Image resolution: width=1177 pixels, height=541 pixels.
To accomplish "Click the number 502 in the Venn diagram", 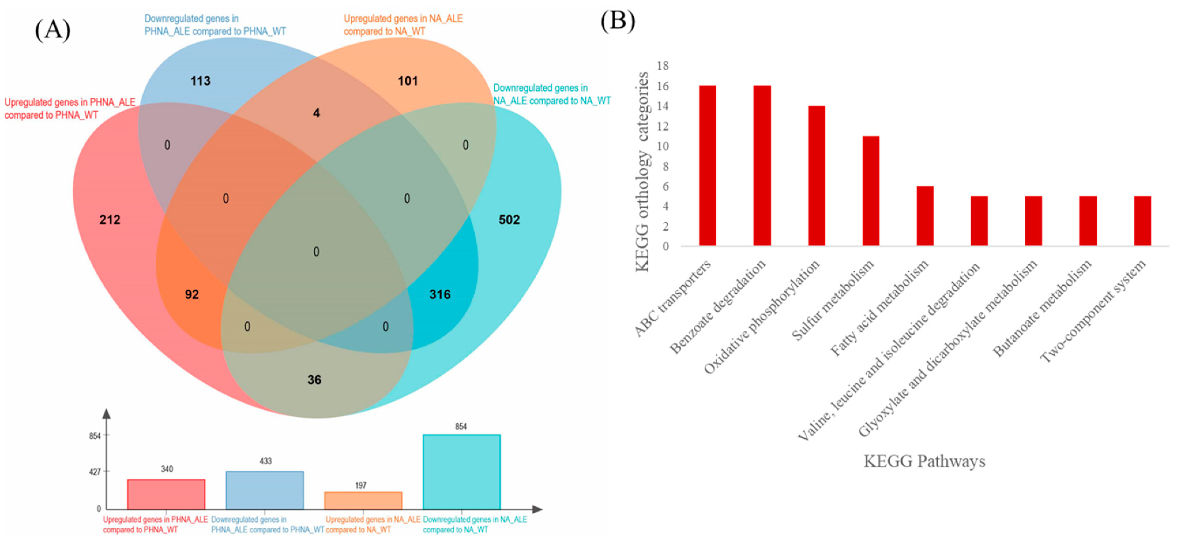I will coord(509,220).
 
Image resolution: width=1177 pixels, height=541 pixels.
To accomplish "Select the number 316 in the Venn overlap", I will coord(439,295).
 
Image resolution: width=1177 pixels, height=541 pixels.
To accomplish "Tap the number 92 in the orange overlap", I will coord(192,295).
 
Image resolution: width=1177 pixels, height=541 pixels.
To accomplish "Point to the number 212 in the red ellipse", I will coord(110,220).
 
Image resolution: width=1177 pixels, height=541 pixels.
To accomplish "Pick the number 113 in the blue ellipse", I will coord(200,81).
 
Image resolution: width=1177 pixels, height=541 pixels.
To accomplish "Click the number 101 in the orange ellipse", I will coord(407,81).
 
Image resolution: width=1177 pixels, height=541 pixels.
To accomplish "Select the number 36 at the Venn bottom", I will coord(314,380).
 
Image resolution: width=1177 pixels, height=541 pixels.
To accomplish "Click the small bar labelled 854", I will coord(461,471).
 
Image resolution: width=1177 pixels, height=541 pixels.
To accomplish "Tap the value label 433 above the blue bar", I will coord(266,461).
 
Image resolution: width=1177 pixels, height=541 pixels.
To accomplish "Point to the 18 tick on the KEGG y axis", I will coord(663,66).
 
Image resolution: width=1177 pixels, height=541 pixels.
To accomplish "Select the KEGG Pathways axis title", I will coord(924,461).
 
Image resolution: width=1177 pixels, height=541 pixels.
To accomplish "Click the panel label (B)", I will coord(617,20).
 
